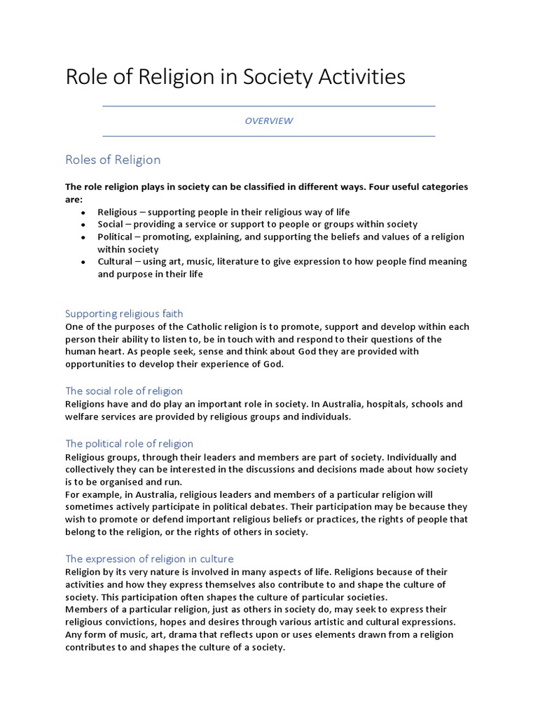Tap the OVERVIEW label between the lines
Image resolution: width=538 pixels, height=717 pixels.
click(x=268, y=121)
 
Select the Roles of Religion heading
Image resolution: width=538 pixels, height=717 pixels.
click(x=113, y=160)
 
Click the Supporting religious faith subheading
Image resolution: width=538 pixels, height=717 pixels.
click(x=124, y=314)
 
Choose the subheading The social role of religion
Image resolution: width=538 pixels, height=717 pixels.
click(x=123, y=391)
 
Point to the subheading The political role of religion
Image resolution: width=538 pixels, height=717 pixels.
click(x=129, y=444)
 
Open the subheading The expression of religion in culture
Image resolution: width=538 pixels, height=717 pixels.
click(x=149, y=559)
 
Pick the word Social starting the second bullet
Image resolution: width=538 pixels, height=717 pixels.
click(x=111, y=224)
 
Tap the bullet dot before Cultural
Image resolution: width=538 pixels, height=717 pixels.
click(x=83, y=262)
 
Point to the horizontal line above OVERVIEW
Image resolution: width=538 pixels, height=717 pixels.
click(x=268, y=106)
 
